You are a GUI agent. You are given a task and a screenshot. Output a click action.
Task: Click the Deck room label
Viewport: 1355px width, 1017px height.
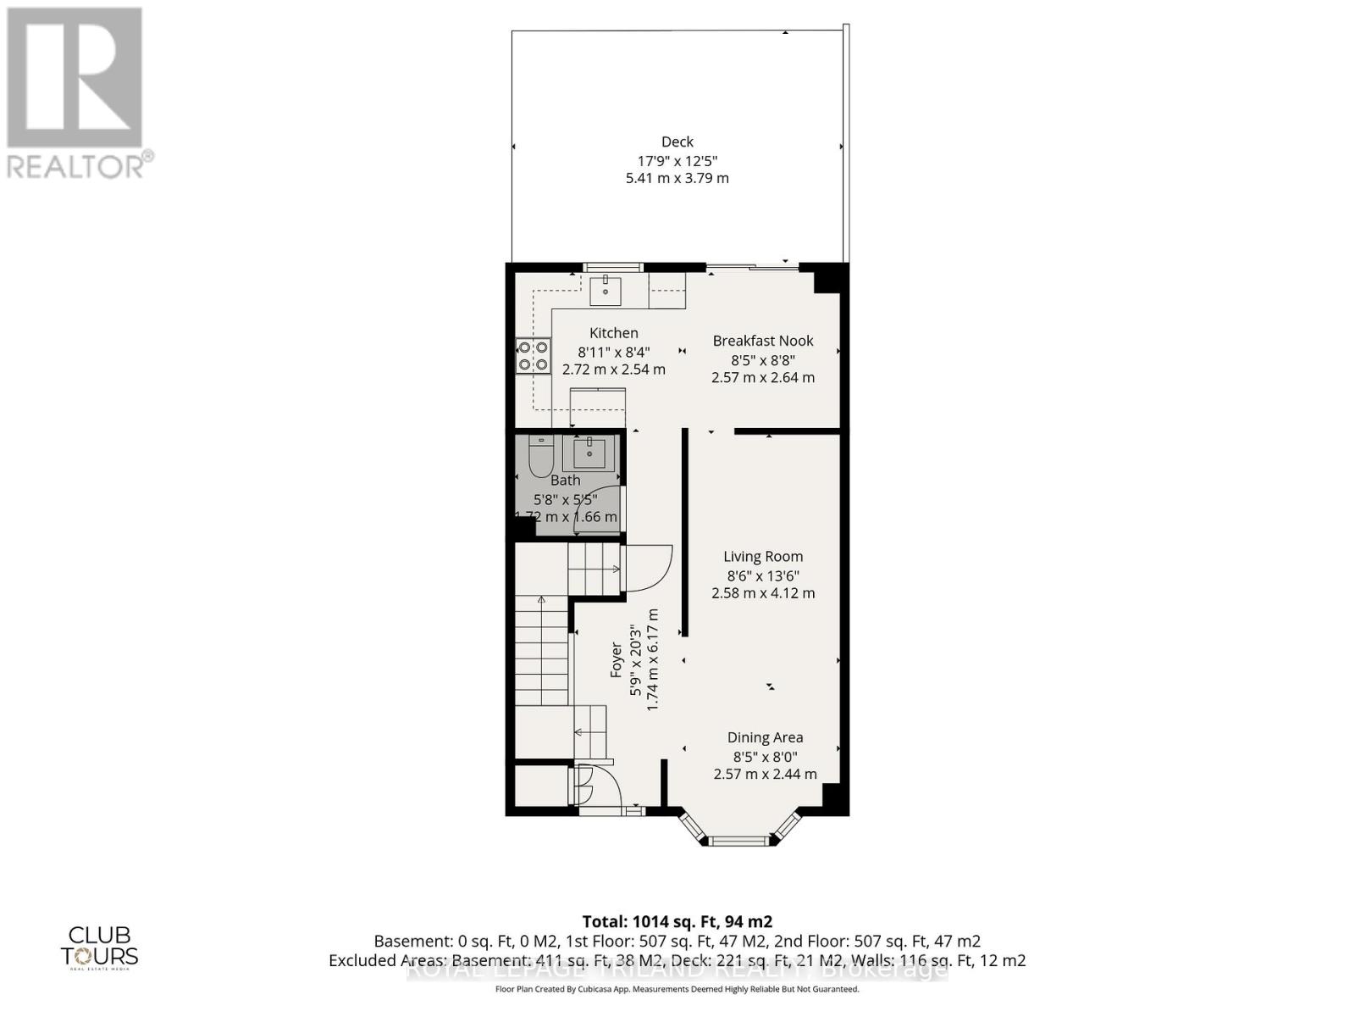pyautogui.click(x=677, y=142)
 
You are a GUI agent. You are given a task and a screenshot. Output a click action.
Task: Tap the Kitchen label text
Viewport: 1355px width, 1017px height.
pyautogui.click(x=614, y=333)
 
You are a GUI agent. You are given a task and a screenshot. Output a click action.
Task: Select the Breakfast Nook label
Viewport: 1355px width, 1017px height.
pyautogui.click(x=762, y=341)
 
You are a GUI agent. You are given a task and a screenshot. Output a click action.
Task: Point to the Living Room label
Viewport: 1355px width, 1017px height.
pyautogui.click(x=762, y=557)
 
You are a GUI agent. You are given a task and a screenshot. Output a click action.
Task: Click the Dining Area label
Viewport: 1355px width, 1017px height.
pyautogui.click(x=765, y=737)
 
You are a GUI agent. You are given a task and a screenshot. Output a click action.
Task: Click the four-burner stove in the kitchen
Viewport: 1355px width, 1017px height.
pyautogui.click(x=533, y=355)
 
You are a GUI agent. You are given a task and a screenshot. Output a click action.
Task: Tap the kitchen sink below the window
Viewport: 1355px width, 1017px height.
pyautogui.click(x=606, y=289)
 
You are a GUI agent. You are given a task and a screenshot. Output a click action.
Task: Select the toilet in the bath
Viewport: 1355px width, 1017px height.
pyautogui.click(x=540, y=458)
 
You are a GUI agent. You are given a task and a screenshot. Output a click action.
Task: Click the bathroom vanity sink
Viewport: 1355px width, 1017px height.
pyautogui.click(x=589, y=453)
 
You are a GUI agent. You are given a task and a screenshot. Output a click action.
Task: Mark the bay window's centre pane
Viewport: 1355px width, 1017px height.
pyautogui.click(x=739, y=841)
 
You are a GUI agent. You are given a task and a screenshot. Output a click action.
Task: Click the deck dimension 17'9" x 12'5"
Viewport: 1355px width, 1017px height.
pyautogui.click(x=677, y=160)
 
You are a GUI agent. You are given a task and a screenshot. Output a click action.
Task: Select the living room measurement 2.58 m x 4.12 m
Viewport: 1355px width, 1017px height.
pyautogui.click(x=762, y=593)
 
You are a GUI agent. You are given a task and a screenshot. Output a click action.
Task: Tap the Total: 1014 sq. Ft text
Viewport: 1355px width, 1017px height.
pyautogui.click(x=677, y=921)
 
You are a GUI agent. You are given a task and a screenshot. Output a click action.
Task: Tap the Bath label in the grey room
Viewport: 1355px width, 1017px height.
pyautogui.click(x=565, y=481)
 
